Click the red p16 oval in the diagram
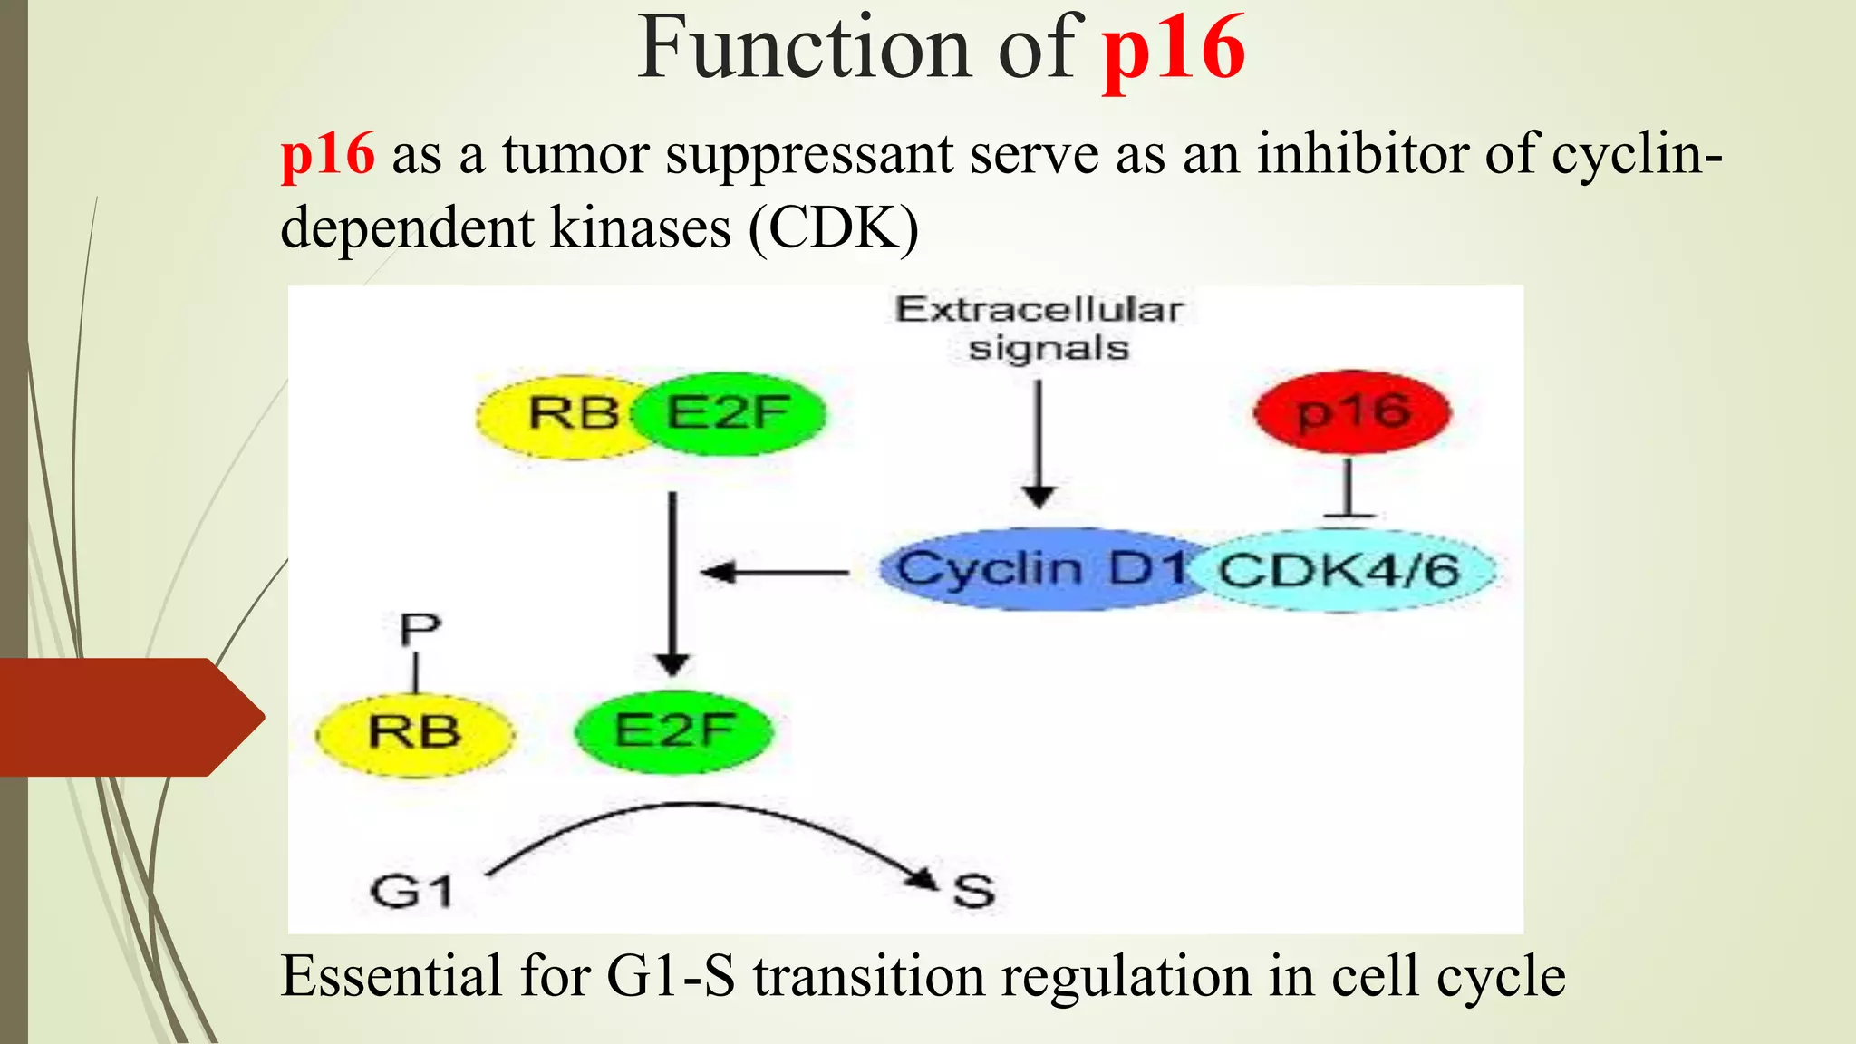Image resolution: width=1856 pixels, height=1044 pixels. click(1352, 413)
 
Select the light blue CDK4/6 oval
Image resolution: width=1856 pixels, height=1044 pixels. click(1341, 570)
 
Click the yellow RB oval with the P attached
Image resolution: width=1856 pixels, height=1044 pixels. click(414, 732)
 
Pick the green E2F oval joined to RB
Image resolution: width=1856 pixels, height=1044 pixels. click(730, 413)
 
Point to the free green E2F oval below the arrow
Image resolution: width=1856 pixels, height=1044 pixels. click(674, 730)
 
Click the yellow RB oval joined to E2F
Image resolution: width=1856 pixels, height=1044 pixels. click(562, 414)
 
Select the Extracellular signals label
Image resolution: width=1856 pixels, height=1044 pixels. click(1040, 328)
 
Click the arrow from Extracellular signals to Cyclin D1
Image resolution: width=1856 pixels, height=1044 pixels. click(1039, 444)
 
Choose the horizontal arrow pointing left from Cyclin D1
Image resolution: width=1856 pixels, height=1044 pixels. click(775, 573)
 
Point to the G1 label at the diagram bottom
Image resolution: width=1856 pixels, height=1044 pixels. click(411, 892)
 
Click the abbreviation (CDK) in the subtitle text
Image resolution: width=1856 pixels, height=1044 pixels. click(834, 227)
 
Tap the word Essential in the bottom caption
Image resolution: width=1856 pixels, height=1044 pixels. click(391, 977)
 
